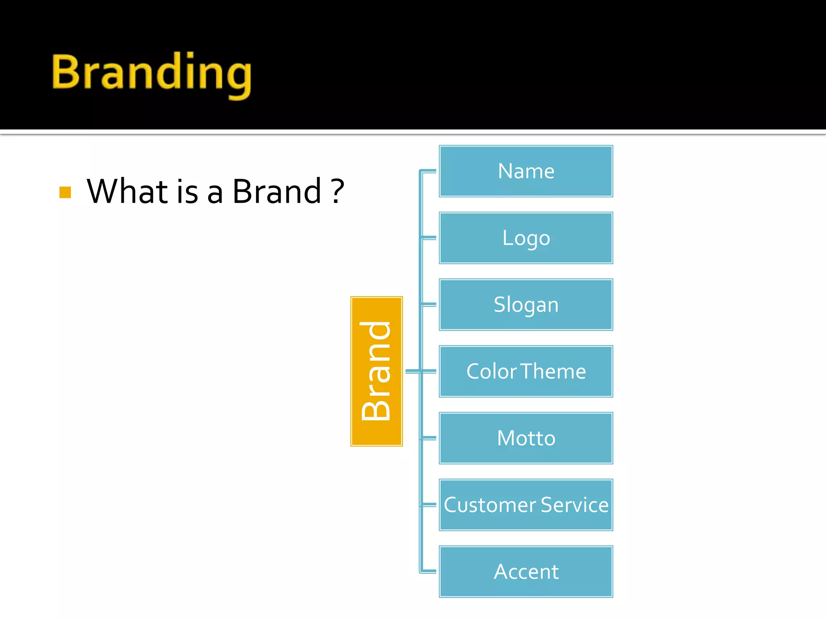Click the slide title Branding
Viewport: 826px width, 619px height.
152,73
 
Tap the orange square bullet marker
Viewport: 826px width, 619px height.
65,192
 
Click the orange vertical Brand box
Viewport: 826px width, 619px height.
376,371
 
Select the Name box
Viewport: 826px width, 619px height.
526,171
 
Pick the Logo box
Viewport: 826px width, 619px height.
526,238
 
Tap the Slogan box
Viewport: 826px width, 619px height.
526,305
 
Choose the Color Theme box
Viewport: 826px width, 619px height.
526,371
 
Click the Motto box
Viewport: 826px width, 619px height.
526,438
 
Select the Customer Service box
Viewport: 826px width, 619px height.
526,505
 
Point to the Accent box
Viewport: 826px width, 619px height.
526,571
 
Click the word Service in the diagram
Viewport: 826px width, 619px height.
574,505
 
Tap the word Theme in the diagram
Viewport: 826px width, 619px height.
553,371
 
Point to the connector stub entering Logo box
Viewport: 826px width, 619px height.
429,238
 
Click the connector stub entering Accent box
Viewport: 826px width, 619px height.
429,571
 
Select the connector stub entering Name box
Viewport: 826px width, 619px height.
429,171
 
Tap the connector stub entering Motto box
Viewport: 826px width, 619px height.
429,438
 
